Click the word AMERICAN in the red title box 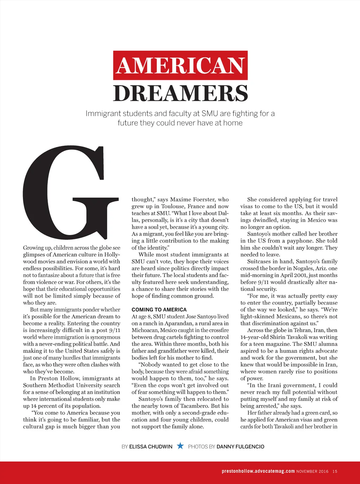(x=180, y=66)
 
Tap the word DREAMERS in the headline (x=180, y=93)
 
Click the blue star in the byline (x=180, y=446)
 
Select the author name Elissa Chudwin (x=151, y=447)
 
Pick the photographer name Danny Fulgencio (x=240, y=447)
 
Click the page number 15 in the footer (x=335, y=471)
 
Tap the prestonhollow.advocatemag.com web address (x=258, y=471)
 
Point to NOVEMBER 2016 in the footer (x=312, y=471)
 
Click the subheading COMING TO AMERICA (x=159, y=310)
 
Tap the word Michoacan (x=145, y=330)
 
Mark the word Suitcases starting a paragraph (x=259, y=262)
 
